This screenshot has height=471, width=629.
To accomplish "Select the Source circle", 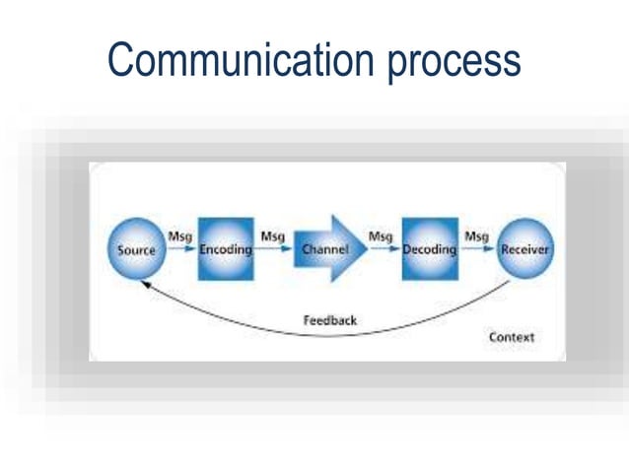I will point(137,248).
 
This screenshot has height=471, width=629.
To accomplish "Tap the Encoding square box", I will point(226,249).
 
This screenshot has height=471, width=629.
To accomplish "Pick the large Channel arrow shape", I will point(329,249).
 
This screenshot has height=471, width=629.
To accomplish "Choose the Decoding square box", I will point(430,249).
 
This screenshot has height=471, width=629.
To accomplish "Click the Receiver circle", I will point(524,248).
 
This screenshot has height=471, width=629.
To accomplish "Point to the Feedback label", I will point(329,320).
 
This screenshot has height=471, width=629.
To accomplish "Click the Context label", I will point(512,337).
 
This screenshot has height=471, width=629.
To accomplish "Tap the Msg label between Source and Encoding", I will point(180,236).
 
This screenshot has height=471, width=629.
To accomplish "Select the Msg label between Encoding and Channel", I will point(273,236).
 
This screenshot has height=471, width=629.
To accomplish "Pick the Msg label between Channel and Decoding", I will point(381,236).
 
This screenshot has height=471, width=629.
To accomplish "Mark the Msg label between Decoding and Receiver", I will point(476,236).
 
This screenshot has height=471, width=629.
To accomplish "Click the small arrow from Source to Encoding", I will point(181,250).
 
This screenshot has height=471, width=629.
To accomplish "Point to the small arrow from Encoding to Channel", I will point(276,250).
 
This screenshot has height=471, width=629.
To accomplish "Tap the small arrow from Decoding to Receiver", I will point(478,250).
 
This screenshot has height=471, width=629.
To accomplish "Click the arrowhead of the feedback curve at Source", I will point(144,284).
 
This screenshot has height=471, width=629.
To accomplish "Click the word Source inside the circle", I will point(137,250).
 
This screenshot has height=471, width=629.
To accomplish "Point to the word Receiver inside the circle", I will point(524,250).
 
